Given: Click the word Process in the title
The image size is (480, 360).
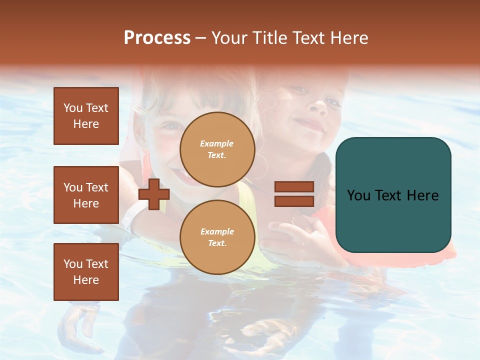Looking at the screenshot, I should click(x=157, y=38).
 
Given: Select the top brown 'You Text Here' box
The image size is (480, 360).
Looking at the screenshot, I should click(x=86, y=116).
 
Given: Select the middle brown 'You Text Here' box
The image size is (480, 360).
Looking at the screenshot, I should click(x=86, y=195).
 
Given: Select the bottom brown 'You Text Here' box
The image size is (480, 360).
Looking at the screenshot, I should click(x=86, y=272).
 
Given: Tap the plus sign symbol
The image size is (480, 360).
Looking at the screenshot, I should click(x=154, y=193).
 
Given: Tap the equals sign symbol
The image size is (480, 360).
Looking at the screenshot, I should click(x=294, y=194).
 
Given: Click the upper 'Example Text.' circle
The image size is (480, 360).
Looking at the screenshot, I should click(x=217, y=149).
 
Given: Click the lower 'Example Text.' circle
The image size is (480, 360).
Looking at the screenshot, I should click(x=217, y=237).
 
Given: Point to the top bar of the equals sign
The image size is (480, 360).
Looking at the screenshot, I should click(x=294, y=187).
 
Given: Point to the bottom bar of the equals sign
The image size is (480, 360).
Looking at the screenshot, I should click(x=294, y=201).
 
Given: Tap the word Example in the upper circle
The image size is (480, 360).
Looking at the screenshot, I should click(x=217, y=144).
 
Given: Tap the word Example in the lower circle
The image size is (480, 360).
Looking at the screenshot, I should click(x=217, y=232).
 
